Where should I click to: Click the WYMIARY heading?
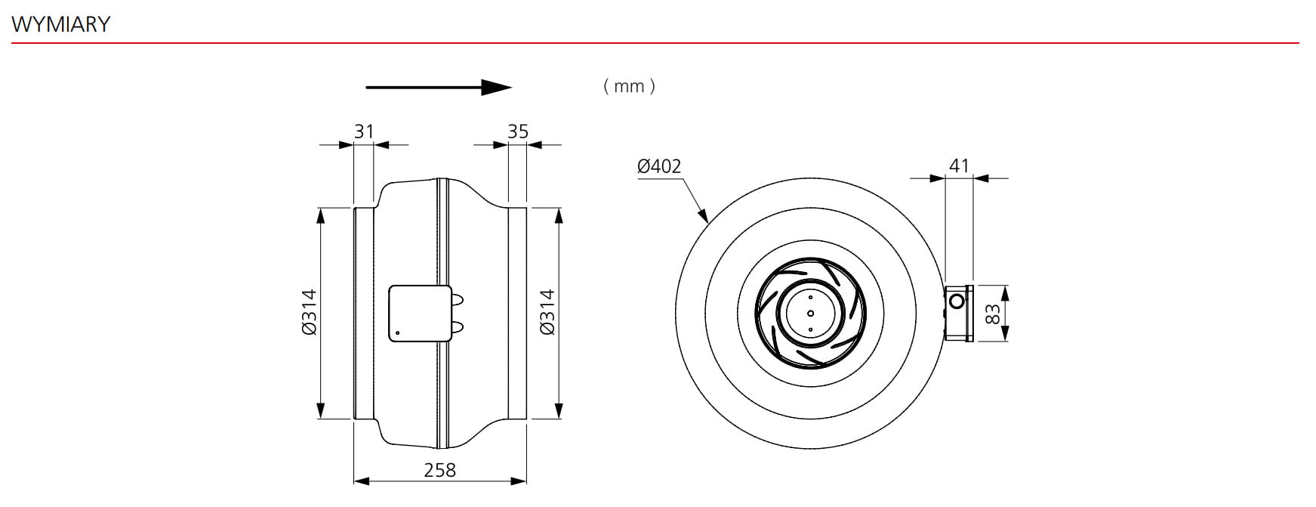coord(61,24)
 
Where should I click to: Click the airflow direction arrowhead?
coord(498,88)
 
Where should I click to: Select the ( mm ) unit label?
coord(630,86)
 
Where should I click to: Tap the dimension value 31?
coord(364,131)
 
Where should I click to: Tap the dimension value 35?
coord(518,131)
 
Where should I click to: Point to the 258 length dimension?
coord(439,470)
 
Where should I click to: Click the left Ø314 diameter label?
coord(309,312)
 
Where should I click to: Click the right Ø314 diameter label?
coord(547,312)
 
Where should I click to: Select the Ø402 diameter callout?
coord(659,165)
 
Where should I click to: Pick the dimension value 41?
coord(959,165)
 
